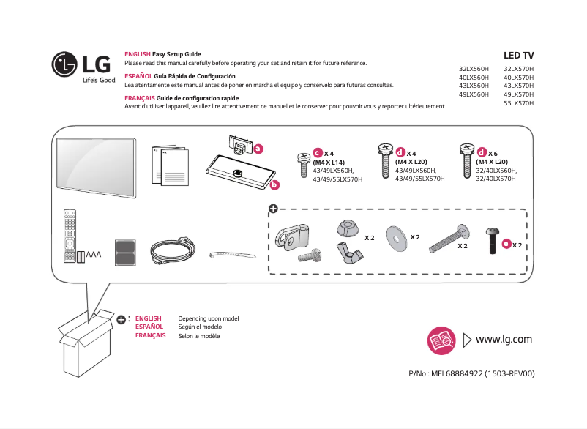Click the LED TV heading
pyautogui.click(x=519, y=56)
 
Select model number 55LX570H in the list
pyautogui.click(x=519, y=103)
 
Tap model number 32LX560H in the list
pyautogui.click(x=474, y=68)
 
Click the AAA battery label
pyautogui.click(x=93, y=255)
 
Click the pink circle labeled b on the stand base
pyautogui.click(x=274, y=184)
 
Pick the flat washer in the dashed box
pyautogui.click(x=396, y=237)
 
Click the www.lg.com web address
pyautogui.click(x=504, y=339)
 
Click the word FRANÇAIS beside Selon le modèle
pyautogui.click(x=150, y=335)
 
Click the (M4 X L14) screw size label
pyautogui.click(x=328, y=162)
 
